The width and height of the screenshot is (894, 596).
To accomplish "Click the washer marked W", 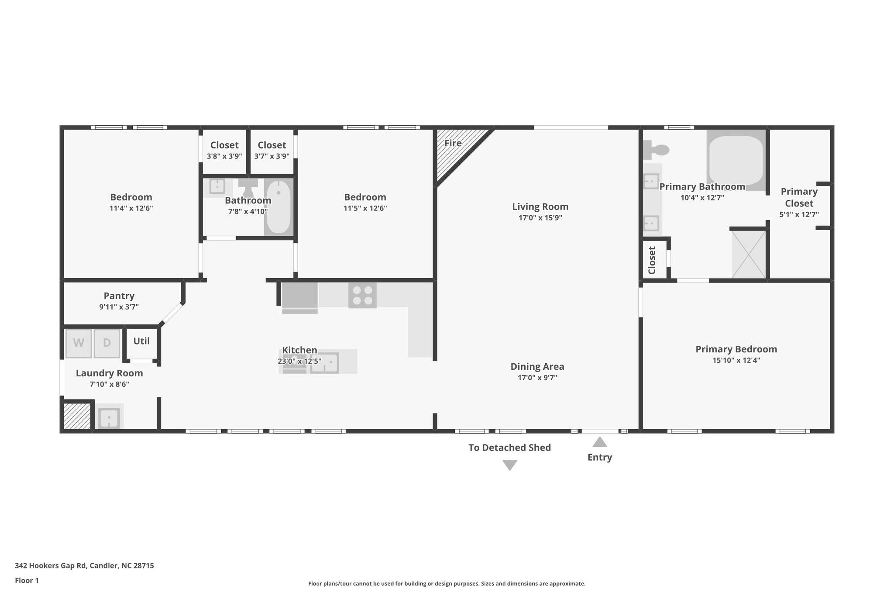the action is pos(79,343).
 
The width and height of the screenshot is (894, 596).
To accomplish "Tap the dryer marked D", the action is pos(107,343).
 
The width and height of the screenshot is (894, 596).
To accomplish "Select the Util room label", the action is pos(141,341).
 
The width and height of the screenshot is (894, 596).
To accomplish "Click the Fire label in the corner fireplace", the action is pos(453,143).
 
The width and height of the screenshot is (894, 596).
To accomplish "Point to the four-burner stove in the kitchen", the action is pos(362,295).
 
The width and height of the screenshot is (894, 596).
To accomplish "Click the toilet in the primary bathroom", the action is pos(656,150).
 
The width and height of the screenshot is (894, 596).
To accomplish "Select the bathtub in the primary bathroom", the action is pos(736,160).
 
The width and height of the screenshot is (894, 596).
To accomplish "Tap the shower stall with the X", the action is pos(749,254).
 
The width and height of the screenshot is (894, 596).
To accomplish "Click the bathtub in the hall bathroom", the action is pos(279,207).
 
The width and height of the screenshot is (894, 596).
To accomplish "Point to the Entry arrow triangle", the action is pos(600,442).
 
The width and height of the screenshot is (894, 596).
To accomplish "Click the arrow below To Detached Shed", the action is pos(510,465).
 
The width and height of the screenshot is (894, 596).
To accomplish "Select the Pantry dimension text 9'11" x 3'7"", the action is pos(119,307).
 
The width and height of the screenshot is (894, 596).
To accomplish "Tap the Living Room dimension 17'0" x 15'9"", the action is pos(540,218).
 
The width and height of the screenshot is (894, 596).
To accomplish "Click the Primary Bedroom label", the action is pos(736,349).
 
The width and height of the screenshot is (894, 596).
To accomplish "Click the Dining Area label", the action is pos(537,367).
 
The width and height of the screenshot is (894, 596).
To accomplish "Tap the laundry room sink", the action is pos(109,418).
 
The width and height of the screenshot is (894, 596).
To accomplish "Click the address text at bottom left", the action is pos(84,565).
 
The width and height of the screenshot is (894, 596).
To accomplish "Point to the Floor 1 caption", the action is pos(27,580).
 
